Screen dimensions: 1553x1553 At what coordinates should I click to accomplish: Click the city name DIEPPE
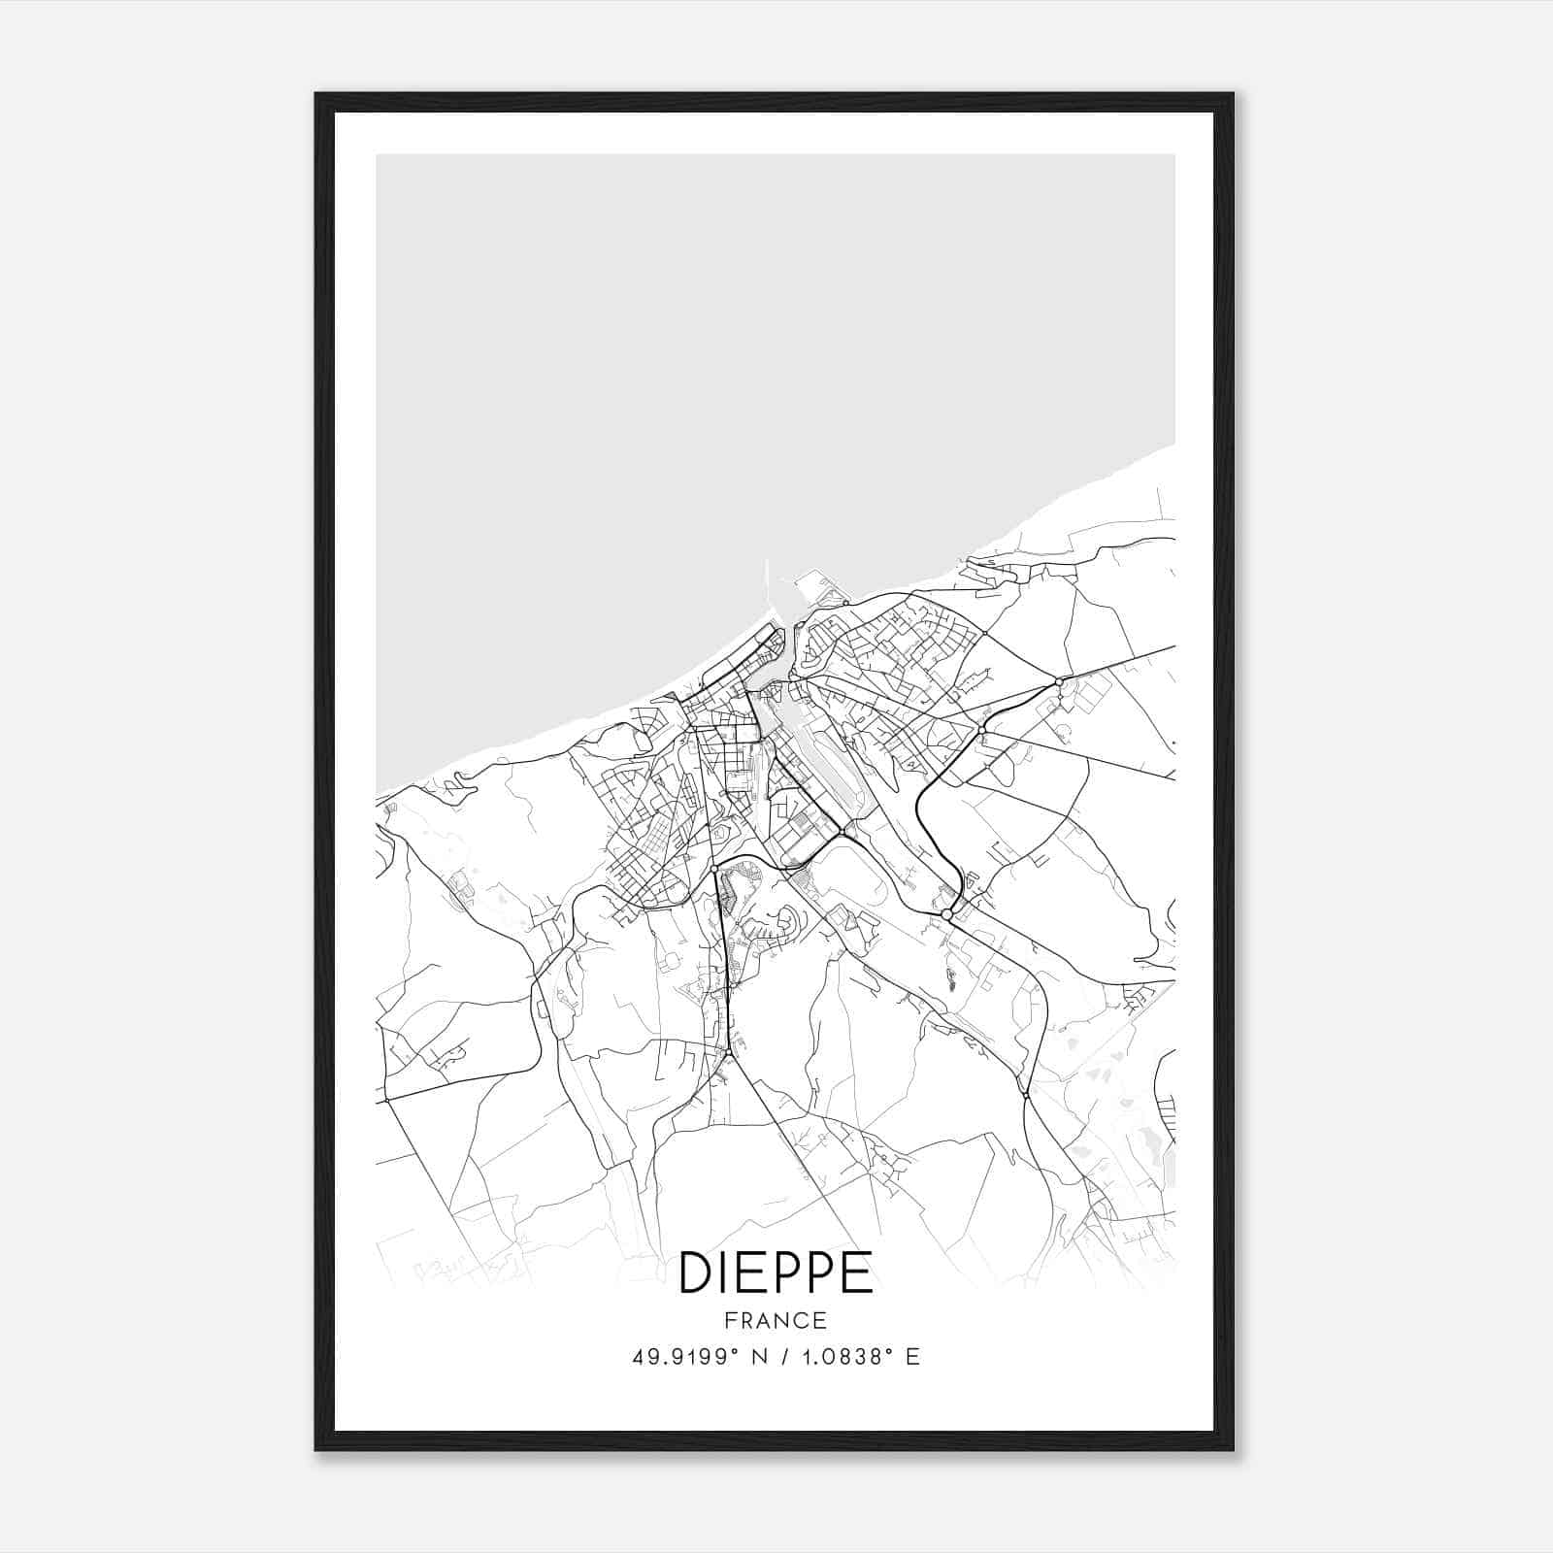click(776, 1272)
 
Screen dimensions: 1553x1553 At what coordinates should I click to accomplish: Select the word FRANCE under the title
click(776, 1320)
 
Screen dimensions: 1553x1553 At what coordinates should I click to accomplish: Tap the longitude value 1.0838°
click(843, 1357)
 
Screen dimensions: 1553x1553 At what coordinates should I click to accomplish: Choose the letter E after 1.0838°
click(912, 1357)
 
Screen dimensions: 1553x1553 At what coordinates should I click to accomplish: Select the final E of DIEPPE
click(858, 1272)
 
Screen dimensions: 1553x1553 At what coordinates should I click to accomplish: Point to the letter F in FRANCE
click(729, 1320)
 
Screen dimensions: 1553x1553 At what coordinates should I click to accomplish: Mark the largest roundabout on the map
click(946, 914)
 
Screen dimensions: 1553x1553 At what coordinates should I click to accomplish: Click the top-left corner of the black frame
click(316, 94)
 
